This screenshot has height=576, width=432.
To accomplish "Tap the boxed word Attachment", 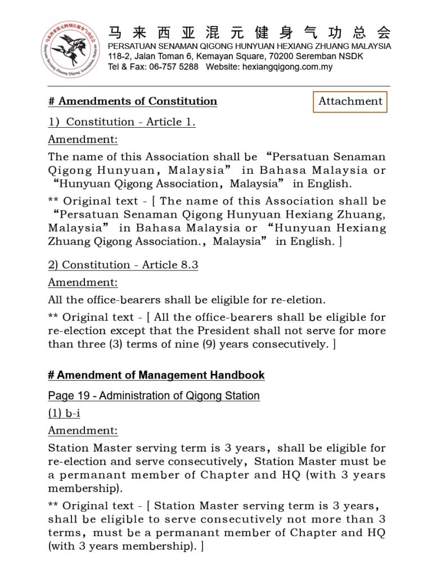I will click(x=350, y=102).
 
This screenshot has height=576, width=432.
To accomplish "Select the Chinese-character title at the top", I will click(x=249, y=32).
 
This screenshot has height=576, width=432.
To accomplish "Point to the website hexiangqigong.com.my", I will click(x=287, y=67).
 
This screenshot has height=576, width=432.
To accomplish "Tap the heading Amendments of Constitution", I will click(x=133, y=101).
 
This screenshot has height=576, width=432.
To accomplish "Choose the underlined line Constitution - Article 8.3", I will click(x=123, y=265).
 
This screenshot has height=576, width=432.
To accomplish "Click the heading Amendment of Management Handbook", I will click(x=156, y=375).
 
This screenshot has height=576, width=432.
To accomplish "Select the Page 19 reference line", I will click(x=154, y=395).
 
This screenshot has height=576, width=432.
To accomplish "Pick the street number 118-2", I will click(x=119, y=56).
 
